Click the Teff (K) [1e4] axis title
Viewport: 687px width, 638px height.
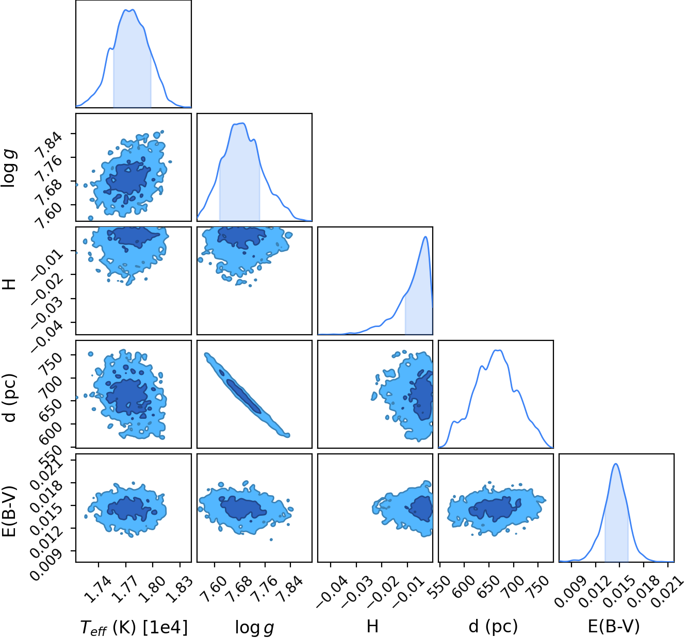[134, 627]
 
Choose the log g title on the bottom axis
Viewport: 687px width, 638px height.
[255, 627]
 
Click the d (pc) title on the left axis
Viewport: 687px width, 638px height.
[10, 398]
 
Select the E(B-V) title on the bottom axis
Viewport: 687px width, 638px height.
[614, 626]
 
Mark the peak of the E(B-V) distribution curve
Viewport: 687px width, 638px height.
[616, 464]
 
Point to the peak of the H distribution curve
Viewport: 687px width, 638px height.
[426, 237]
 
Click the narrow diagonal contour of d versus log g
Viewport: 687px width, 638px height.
[247, 395]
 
